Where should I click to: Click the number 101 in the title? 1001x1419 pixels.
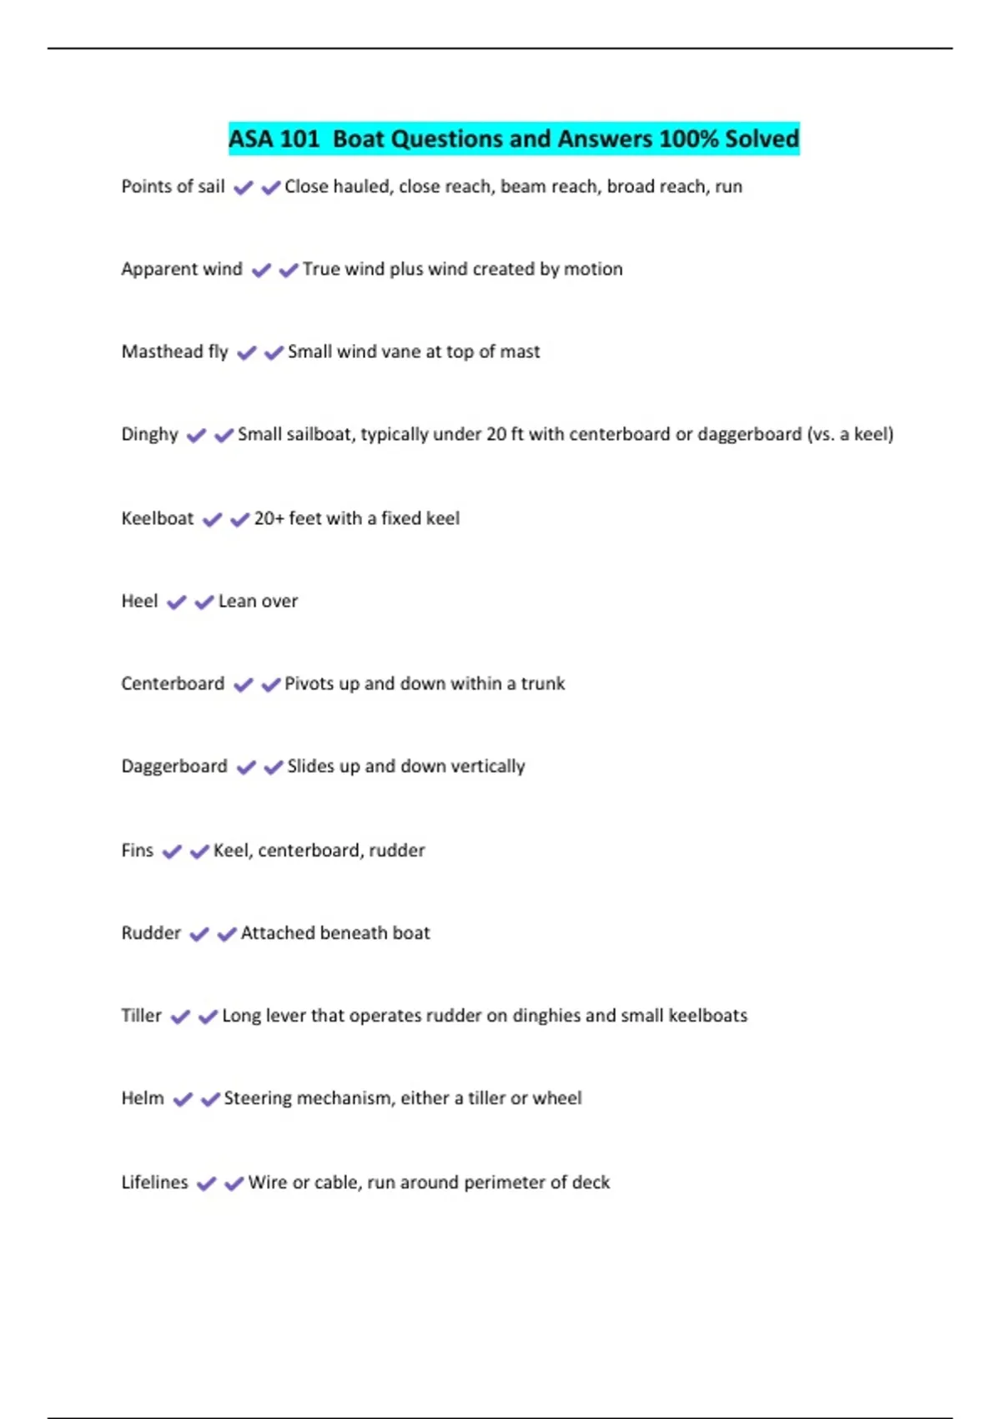click(x=299, y=139)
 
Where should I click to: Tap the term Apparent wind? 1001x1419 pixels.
click(x=182, y=269)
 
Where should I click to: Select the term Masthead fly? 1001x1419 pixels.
click(x=174, y=351)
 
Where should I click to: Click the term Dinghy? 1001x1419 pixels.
click(x=150, y=434)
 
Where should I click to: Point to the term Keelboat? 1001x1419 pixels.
click(x=158, y=518)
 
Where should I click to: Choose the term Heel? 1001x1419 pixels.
click(x=139, y=601)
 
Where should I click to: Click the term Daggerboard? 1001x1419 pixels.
click(x=174, y=766)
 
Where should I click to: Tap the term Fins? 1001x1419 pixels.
click(x=138, y=851)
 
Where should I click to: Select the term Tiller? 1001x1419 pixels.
click(x=142, y=1016)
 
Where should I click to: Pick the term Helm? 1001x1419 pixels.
click(x=143, y=1098)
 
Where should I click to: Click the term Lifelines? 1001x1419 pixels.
click(x=155, y=1183)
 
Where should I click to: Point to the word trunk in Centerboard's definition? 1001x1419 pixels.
click(x=543, y=684)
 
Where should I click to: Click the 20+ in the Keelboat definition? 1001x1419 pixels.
click(x=269, y=518)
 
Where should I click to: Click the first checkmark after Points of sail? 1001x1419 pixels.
click(x=243, y=188)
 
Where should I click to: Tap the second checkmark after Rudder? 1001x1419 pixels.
click(x=226, y=934)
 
